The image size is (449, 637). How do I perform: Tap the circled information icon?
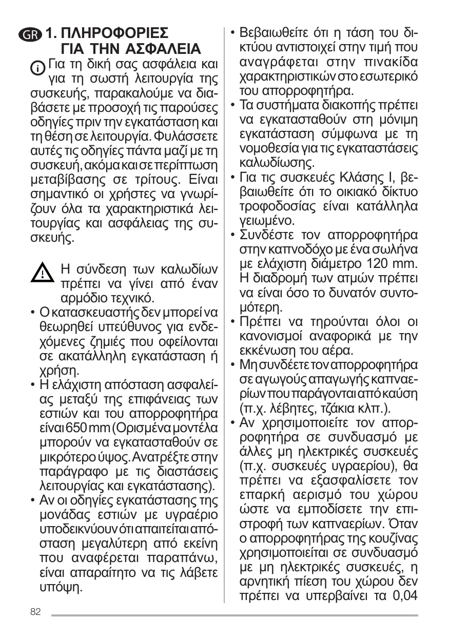(x=37, y=68)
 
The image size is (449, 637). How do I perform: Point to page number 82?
(x=35, y=612)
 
